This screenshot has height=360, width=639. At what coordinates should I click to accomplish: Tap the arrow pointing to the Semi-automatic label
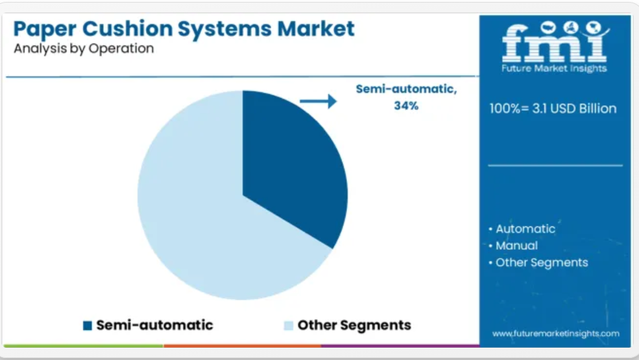pos(319,101)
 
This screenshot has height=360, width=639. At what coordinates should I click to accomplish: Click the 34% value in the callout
pos(406,106)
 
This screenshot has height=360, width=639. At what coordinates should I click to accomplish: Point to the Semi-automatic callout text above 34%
pos(406,89)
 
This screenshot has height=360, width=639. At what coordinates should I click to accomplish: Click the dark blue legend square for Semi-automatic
pos(87,326)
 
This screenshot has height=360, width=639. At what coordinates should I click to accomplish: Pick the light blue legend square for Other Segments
pos(289,326)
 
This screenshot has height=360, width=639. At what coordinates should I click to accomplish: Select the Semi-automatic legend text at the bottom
pos(154,325)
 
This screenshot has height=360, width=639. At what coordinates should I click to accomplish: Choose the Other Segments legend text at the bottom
pos(354,326)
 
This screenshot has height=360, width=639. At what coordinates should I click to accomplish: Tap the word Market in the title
pos(316,29)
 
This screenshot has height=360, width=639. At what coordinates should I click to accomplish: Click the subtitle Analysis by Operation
pos(84,49)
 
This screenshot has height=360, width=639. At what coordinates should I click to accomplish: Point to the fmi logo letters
pos(555,42)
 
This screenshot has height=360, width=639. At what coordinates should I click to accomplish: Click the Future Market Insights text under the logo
pos(554,69)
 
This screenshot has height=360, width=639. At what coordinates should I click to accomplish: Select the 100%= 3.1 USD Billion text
pos(553,108)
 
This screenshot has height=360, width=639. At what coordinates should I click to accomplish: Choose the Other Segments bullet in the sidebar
pos(542,263)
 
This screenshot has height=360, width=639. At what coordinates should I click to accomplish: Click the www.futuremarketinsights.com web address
pos(556,333)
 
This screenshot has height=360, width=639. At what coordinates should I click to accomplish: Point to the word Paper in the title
pos(45,29)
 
